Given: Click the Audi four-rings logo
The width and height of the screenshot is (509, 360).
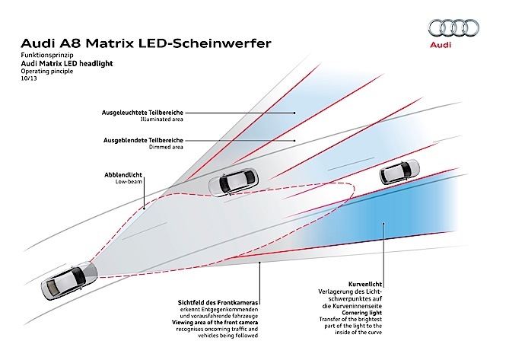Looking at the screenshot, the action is click(x=453, y=28).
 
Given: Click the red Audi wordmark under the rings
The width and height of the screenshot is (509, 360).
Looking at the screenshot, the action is click(x=441, y=45).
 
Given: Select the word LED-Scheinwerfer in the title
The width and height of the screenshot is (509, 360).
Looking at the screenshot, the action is click(x=205, y=43).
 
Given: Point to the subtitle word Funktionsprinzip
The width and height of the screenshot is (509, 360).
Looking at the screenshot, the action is click(x=47, y=55).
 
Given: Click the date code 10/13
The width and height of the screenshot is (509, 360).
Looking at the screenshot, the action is click(x=29, y=78).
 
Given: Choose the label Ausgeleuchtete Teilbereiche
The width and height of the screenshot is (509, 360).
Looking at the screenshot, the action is click(x=142, y=113).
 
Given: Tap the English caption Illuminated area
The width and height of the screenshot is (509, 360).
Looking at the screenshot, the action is click(x=161, y=119).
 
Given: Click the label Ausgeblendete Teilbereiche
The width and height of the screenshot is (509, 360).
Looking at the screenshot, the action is click(x=143, y=140).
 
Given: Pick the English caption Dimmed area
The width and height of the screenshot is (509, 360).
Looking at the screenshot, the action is click(x=166, y=147).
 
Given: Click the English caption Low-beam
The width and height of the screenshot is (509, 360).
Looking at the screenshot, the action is click(x=129, y=181).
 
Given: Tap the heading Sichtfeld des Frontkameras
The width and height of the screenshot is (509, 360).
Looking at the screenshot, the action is click(x=218, y=303).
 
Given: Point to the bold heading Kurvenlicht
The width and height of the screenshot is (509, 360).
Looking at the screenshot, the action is click(x=365, y=284).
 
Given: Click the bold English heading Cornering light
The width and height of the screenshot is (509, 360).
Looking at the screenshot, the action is click(x=361, y=313).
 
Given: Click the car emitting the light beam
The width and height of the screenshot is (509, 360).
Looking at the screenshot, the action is click(x=69, y=280).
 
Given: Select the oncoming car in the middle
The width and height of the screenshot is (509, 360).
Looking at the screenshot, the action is click(x=234, y=182).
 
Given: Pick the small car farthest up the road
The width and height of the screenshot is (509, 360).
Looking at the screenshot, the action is click(x=399, y=171).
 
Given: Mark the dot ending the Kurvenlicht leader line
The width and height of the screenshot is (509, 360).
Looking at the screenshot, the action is click(x=383, y=223).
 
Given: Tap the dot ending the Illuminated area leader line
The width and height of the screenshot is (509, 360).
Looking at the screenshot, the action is click(x=294, y=113).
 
